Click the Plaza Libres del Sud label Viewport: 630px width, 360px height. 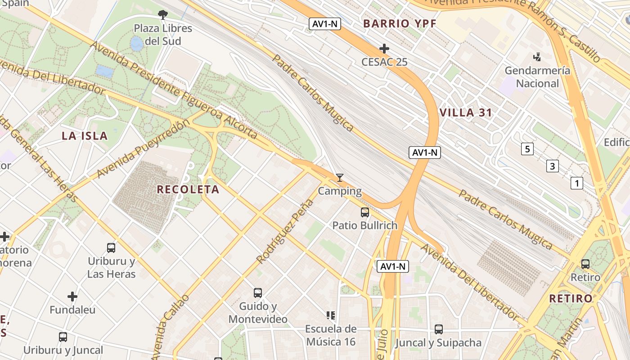tap(162, 35)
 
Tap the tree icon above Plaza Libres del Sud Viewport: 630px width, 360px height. tap(162, 15)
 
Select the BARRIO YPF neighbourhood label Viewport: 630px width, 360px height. tap(400, 24)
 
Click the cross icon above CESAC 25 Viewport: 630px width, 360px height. tap(384, 48)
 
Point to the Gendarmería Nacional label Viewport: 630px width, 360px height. tap(537, 77)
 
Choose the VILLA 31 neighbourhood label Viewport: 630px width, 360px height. tap(465, 112)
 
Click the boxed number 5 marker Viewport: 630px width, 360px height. tap(527, 149)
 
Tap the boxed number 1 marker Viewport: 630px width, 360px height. tap(576, 183)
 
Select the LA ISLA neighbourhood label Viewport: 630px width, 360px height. tap(85, 136)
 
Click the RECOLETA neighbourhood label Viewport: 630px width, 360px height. tap(188, 189)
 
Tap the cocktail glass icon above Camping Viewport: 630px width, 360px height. tap(340, 178)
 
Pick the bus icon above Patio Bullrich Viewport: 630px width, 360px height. tap(364, 212)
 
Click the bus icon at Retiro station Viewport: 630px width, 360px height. tap(585, 264)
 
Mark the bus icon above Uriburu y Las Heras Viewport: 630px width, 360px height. tap(111, 247)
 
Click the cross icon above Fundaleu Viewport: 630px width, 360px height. tap(72, 297)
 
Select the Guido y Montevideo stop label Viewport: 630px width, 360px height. tap(258, 313)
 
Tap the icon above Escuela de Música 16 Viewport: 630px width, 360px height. tap(331, 315)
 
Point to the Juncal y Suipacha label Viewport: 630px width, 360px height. tap(438, 343)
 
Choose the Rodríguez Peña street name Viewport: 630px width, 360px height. tap(285, 231)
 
